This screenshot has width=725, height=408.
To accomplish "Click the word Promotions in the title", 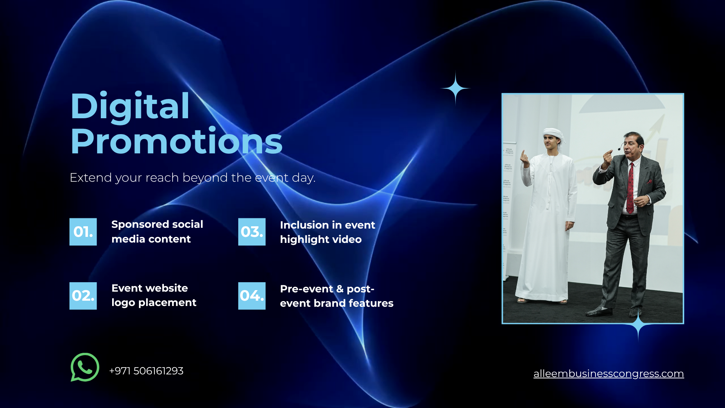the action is tap(176, 141).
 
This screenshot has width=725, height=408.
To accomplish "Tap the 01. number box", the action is tap(83, 232).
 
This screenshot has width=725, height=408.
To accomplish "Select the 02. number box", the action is tap(83, 296).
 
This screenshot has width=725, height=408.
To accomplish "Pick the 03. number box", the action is tap(252, 232).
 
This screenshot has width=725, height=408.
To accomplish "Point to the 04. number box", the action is tap(252, 296).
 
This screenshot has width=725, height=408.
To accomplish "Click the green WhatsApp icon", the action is tap(85, 367).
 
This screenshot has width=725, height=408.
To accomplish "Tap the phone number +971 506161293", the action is tap(146, 371).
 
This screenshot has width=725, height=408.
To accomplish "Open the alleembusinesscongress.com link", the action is tap(608, 374).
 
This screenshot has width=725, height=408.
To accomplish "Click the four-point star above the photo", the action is tap(455, 88).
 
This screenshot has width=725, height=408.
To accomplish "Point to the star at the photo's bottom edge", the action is tap(638, 325).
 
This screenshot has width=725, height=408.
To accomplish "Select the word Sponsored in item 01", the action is tap(140, 225).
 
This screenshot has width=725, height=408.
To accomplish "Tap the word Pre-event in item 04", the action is tap(307, 289).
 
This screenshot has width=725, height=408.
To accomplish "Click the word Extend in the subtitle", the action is tap(91, 178).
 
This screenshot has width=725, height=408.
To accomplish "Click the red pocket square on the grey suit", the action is tap(649, 181).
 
